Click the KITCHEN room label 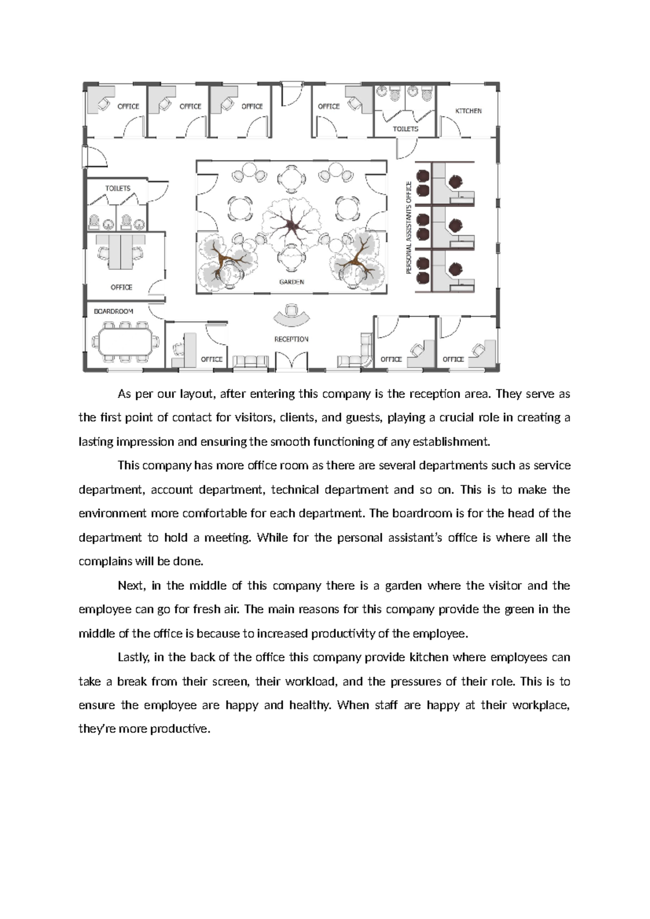click(468, 111)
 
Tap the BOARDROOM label click(113, 312)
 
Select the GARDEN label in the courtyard click(291, 282)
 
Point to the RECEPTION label click(291, 339)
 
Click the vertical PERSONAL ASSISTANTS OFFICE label click(409, 228)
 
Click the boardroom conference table click(125, 342)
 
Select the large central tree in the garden click(292, 223)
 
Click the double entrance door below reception click(291, 362)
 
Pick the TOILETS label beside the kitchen click(405, 129)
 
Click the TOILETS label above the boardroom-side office click(118, 189)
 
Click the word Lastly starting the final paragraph click(134, 657)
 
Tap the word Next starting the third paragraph click(131, 586)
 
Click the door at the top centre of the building click(291, 94)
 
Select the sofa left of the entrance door click(250, 362)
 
